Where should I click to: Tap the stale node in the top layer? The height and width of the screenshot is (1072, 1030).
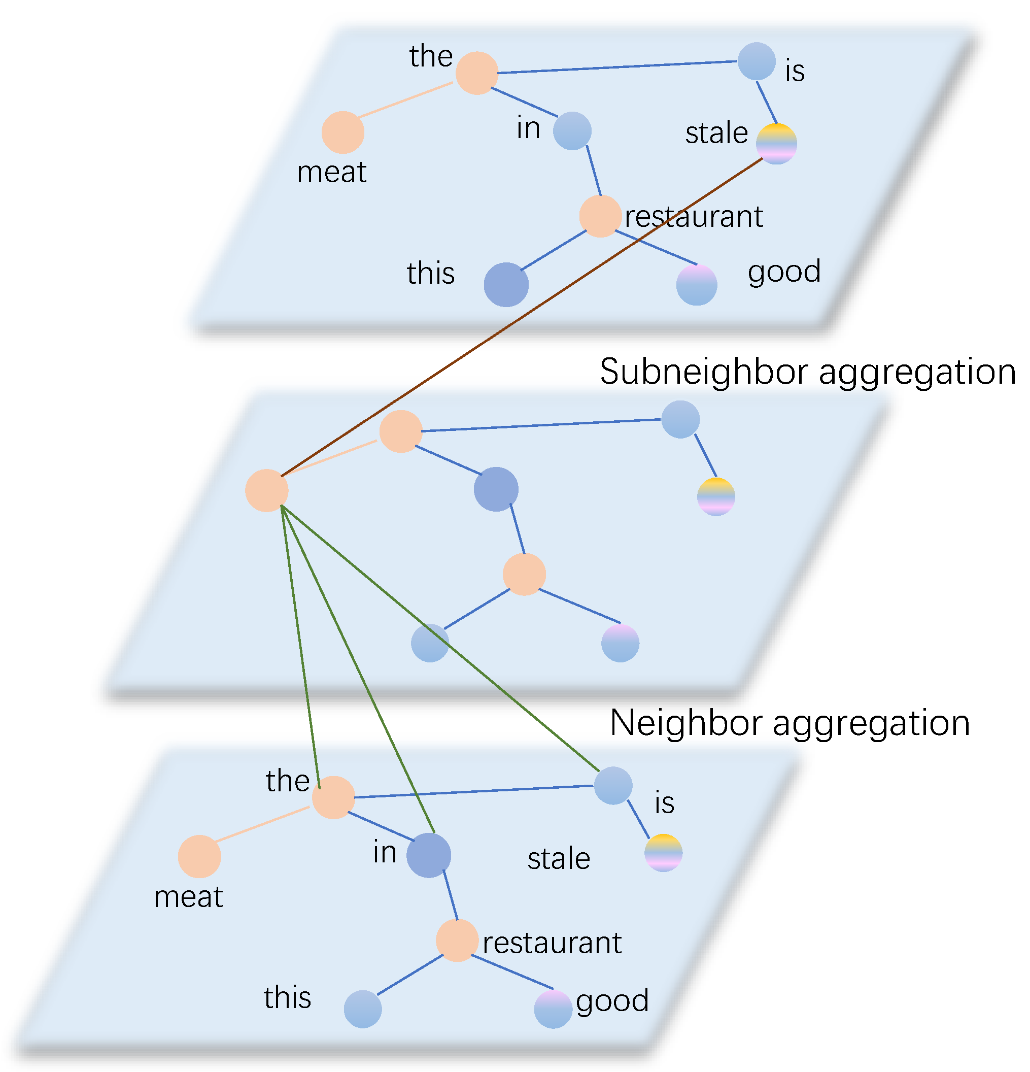coord(776,144)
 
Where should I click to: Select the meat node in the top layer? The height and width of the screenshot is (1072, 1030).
coord(343,132)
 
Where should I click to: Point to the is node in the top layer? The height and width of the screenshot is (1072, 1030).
coord(757,61)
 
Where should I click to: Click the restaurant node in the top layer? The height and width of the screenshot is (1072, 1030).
coord(600,216)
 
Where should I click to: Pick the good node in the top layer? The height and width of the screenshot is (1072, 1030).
coord(697,285)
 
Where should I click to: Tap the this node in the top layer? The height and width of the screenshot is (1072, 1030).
coord(506,284)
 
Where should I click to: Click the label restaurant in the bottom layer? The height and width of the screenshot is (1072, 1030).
coord(552,943)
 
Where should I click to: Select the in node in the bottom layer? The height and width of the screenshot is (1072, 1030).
coord(429,855)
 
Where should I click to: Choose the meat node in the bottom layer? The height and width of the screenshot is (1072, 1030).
coord(199,856)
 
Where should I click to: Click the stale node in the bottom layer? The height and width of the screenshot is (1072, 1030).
coord(663,853)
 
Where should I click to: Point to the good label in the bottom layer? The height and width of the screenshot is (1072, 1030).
coord(612,1000)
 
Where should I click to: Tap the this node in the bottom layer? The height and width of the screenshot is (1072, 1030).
coord(362,1009)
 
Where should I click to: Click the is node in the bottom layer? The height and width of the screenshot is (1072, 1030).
coord(613,785)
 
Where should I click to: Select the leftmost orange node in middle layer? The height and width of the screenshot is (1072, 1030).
coord(267,491)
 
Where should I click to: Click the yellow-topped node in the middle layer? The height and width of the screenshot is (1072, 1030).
coord(715,496)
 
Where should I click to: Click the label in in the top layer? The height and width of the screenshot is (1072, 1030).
coord(528,129)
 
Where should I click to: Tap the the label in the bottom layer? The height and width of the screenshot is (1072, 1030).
coord(288,781)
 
